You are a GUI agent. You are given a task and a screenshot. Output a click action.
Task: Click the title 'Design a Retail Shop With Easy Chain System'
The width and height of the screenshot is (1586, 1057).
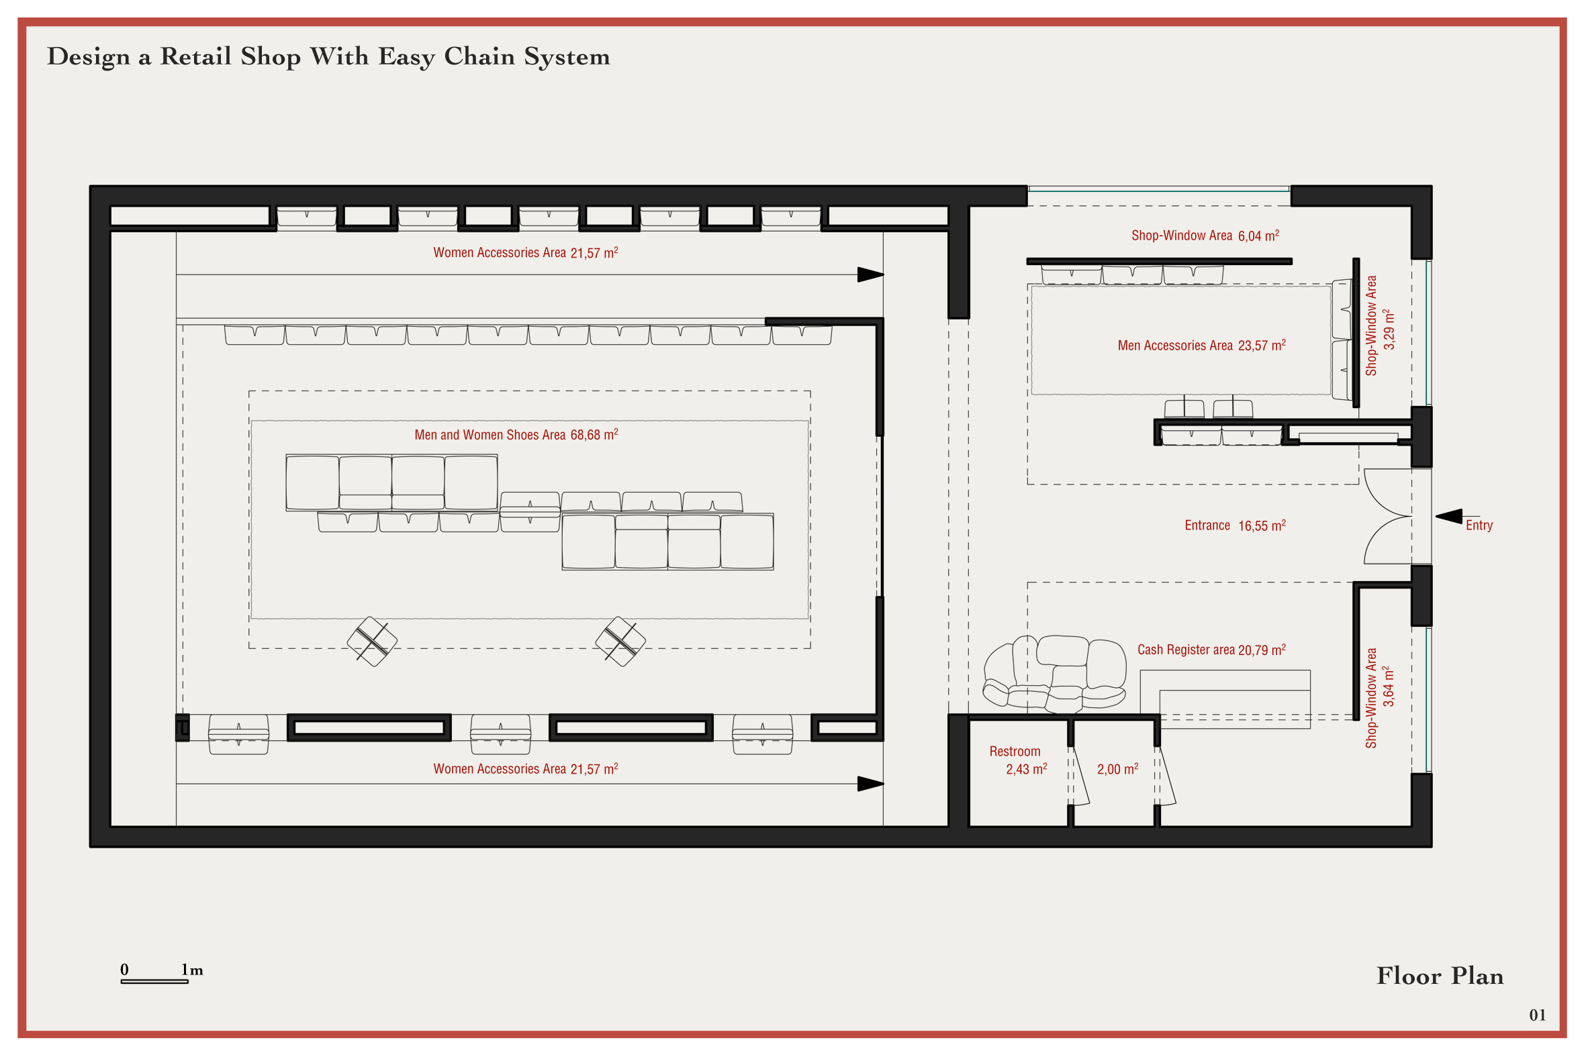click(328, 56)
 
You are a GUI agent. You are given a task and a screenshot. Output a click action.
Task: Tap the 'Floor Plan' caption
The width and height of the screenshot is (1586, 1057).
click(1440, 976)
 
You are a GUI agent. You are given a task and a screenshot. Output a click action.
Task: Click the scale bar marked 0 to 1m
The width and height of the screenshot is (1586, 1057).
click(154, 980)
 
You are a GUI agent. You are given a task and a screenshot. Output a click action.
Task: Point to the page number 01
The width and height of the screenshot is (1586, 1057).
click(1538, 1015)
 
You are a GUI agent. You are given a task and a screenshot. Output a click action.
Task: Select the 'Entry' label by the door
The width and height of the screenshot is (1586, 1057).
click(1479, 525)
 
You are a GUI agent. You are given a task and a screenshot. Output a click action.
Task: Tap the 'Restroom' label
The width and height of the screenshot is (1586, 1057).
click(1015, 751)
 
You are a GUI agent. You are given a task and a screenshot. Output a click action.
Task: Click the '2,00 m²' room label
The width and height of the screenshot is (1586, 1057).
click(1117, 769)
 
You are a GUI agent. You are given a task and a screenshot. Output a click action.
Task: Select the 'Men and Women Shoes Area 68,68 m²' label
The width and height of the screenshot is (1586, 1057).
click(516, 435)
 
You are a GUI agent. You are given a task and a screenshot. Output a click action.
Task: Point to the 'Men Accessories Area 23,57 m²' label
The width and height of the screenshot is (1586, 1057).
click(1202, 345)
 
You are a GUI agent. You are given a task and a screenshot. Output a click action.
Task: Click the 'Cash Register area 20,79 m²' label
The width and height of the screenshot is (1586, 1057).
click(1211, 650)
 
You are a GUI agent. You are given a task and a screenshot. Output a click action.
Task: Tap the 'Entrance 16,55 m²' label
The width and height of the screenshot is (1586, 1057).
click(1235, 525)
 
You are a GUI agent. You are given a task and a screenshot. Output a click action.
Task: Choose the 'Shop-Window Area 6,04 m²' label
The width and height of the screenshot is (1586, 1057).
click(1205, 236)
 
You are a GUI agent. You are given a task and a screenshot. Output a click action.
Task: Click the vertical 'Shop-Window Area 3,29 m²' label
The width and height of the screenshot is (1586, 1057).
click(1379, 325)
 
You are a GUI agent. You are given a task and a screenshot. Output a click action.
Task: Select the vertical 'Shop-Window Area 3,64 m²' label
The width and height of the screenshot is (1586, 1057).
click(1379, 699)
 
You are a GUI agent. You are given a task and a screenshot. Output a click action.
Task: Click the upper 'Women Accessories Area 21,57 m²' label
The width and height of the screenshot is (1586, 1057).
click(525, 253)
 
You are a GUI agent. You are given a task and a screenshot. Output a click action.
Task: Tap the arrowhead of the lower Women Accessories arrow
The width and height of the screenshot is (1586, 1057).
click(870, 784)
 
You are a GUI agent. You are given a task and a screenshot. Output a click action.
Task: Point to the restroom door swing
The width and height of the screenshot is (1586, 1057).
click(1079, 775)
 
